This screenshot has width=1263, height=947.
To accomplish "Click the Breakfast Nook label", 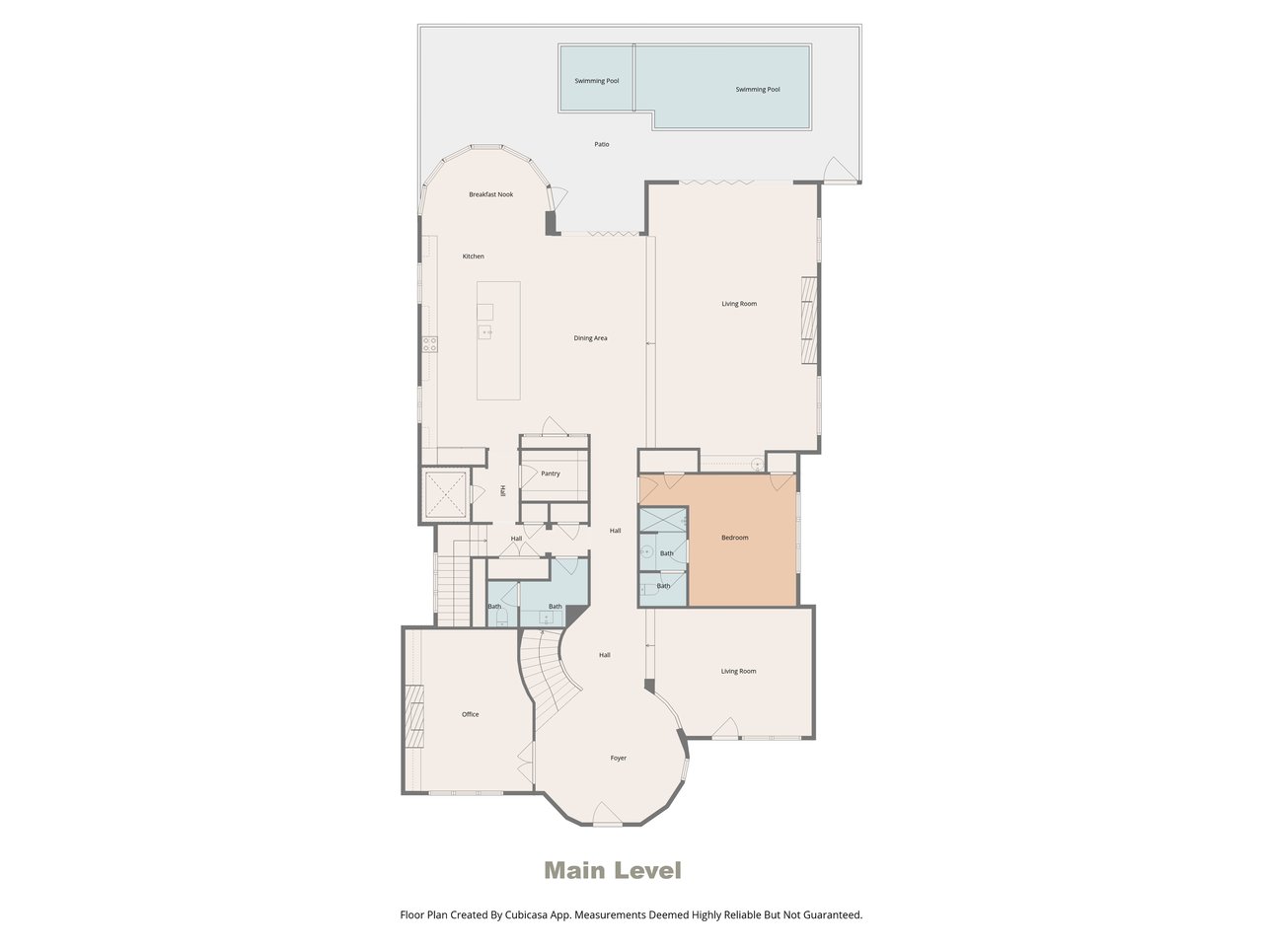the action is coord(490,194).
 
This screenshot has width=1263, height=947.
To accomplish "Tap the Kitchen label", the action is coord(473,255).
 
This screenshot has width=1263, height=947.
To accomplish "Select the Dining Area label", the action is coord(590,338).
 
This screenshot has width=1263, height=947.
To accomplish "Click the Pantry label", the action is coord(550,473).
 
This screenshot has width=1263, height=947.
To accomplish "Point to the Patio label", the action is coord(601,144).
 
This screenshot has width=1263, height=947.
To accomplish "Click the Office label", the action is coord(470,714).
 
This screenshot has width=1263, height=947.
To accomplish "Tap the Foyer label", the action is coord(618,758).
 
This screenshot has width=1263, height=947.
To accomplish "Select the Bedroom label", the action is coord(735,538).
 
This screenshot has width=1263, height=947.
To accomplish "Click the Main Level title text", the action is coord(613,870).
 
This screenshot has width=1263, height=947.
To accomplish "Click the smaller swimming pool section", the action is coord(597,77).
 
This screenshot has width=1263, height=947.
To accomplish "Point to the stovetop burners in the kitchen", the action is coord(429,344).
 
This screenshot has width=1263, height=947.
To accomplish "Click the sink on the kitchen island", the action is coord(485,331).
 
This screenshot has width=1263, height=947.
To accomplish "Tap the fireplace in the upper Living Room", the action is coord(809,321).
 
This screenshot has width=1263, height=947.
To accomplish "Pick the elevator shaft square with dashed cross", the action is coord(445,494).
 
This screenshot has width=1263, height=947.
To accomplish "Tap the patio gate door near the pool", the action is coord(840,170).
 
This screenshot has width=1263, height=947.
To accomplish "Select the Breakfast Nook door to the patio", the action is coord(557,198).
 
